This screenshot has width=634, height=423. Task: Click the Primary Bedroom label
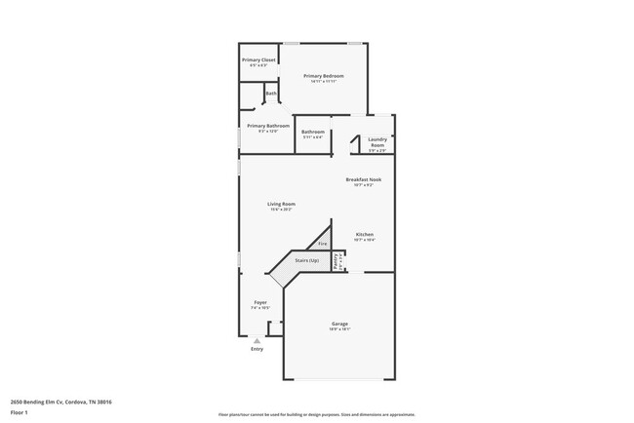tap(323, 75)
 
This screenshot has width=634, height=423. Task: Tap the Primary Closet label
tap(259, 59)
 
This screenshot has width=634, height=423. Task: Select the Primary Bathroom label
tap(268, 126)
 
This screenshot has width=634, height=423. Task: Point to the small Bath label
tap(270, 94)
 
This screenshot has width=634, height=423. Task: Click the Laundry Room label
tap(376, 142)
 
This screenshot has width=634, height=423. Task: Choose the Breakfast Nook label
tap(363, 179)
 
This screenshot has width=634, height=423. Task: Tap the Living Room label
tap(282, 204)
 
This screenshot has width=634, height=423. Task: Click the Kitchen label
tap(364, 234)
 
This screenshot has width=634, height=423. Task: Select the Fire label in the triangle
tap(308, 243)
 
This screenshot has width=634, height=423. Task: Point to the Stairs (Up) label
tap(307, 261)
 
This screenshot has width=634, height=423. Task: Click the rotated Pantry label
tap(335, 260)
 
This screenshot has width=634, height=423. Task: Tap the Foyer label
tap(260, 302)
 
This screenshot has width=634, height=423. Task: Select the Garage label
tap(339, 323)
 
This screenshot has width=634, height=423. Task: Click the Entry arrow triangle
tap(257, 341)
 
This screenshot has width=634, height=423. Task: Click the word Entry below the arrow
tap(257, 349)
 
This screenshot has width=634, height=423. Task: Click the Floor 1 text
tap(20, 412)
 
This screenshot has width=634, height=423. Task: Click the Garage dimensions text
tap(339, 328)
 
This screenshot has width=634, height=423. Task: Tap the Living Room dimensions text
tap(282, 209)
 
